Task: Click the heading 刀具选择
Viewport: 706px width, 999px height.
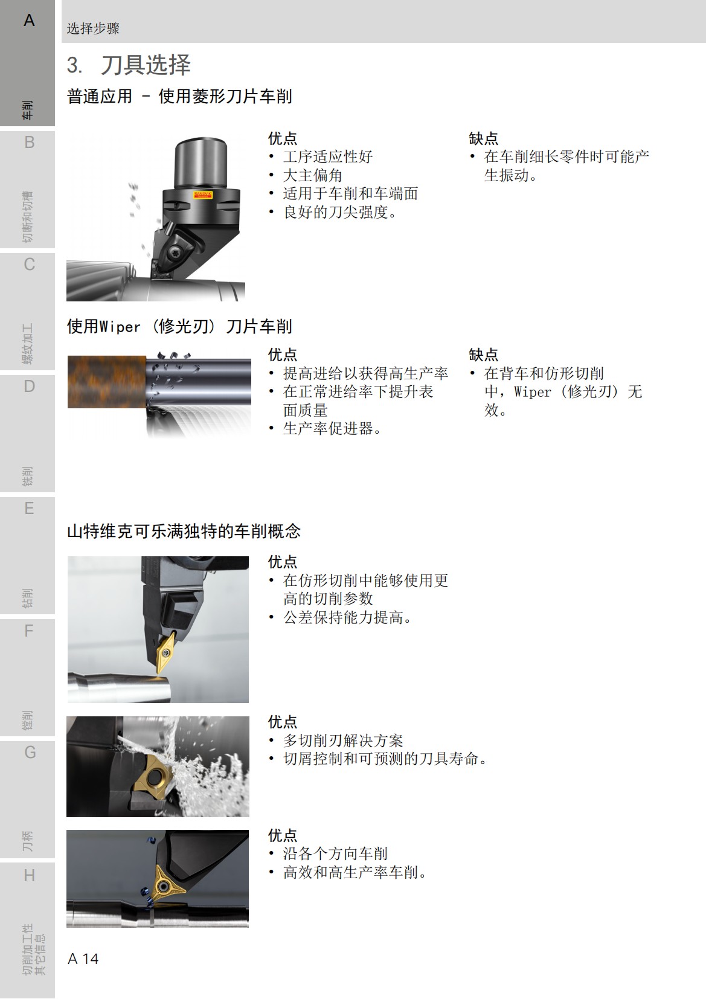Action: [x=146, y=65]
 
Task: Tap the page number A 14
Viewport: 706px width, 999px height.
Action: [x=83, y=959]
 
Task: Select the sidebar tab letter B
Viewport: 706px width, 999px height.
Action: [x=29, y=143]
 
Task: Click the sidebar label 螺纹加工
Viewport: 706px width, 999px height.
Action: [x=28, y=345]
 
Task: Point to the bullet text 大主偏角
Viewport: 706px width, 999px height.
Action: [x=312, y=175]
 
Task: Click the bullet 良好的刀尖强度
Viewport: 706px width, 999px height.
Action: [x=339, y=212]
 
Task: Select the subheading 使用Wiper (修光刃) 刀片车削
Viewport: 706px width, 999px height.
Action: [x=179, y=327]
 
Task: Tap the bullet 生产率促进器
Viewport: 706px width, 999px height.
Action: [x=332, y=428]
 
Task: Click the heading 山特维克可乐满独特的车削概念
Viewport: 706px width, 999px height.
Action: [x=184, y=532]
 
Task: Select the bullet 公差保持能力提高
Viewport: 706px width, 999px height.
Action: [x=347, y=617]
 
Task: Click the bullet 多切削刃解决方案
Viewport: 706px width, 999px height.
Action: [x=342, y=740]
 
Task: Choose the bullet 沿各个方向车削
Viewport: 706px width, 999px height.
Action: [x=335, y=853]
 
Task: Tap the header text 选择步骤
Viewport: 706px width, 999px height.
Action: [x=93, y=28]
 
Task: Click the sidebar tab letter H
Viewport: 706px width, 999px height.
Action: [x=29, y=875]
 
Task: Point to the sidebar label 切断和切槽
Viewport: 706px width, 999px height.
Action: [x=28, y=217]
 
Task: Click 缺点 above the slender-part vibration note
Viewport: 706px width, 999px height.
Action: [x=483, y=138]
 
